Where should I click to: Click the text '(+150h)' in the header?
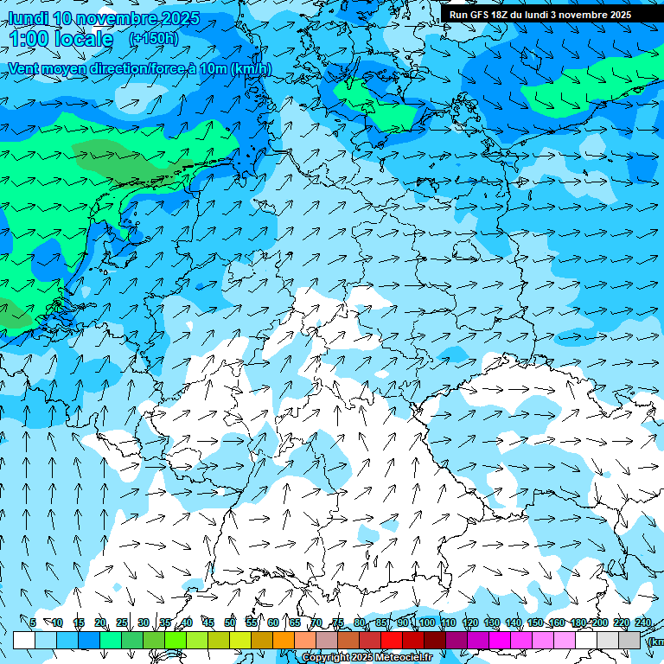153,38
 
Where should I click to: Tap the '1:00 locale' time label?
61,39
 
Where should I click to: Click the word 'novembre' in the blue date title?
115,18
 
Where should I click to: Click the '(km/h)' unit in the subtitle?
251,68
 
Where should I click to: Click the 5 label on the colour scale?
33,622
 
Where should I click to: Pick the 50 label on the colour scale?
230,622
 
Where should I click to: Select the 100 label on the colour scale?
427,622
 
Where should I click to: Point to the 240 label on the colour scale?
643,622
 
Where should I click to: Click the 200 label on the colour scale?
600,622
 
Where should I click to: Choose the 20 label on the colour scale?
100,622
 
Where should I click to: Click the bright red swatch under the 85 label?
392,640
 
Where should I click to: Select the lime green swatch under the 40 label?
176,640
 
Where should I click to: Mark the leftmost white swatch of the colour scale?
24,640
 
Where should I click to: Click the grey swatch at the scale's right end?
629,640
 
